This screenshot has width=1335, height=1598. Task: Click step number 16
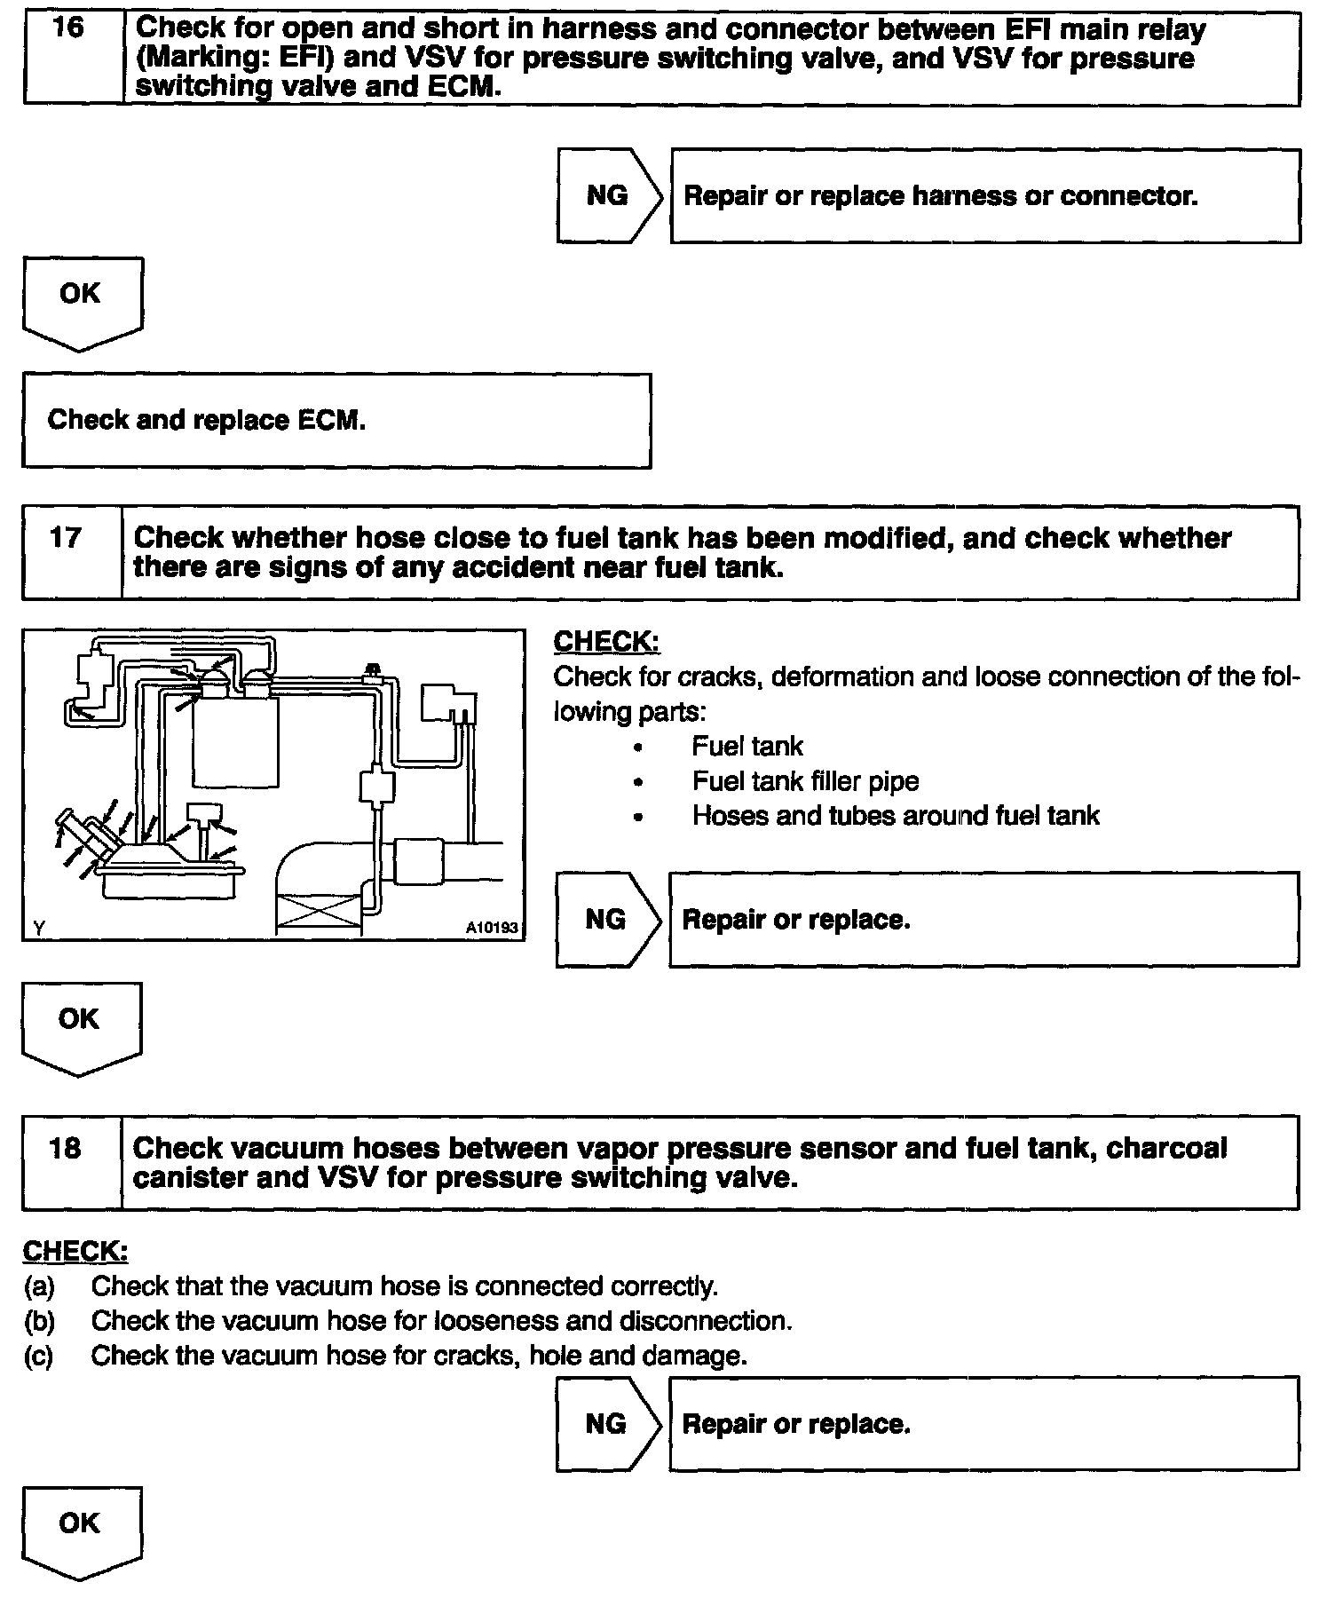coord(69,28)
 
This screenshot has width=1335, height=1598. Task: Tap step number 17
coord(66,538)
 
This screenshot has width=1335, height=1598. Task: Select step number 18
coord(66,1149)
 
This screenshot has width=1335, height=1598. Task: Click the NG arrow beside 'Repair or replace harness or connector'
coord(608,195)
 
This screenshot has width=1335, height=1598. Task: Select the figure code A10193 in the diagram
coord(491,928)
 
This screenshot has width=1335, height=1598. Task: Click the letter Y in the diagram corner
coord(39,928)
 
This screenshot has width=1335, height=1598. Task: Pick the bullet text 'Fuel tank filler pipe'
coord(805,781)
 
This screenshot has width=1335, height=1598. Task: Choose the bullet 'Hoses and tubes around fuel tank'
coord(895,816)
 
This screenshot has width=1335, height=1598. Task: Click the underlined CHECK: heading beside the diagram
coord(606,642)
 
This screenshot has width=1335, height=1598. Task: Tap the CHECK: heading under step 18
coord(75,1252)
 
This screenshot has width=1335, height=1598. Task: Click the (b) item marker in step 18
coord(39,1321)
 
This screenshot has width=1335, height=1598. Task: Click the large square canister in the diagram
coord(235,741)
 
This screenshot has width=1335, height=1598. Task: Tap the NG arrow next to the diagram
coord(606,920)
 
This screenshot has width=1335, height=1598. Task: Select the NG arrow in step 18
coord(606,1424)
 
